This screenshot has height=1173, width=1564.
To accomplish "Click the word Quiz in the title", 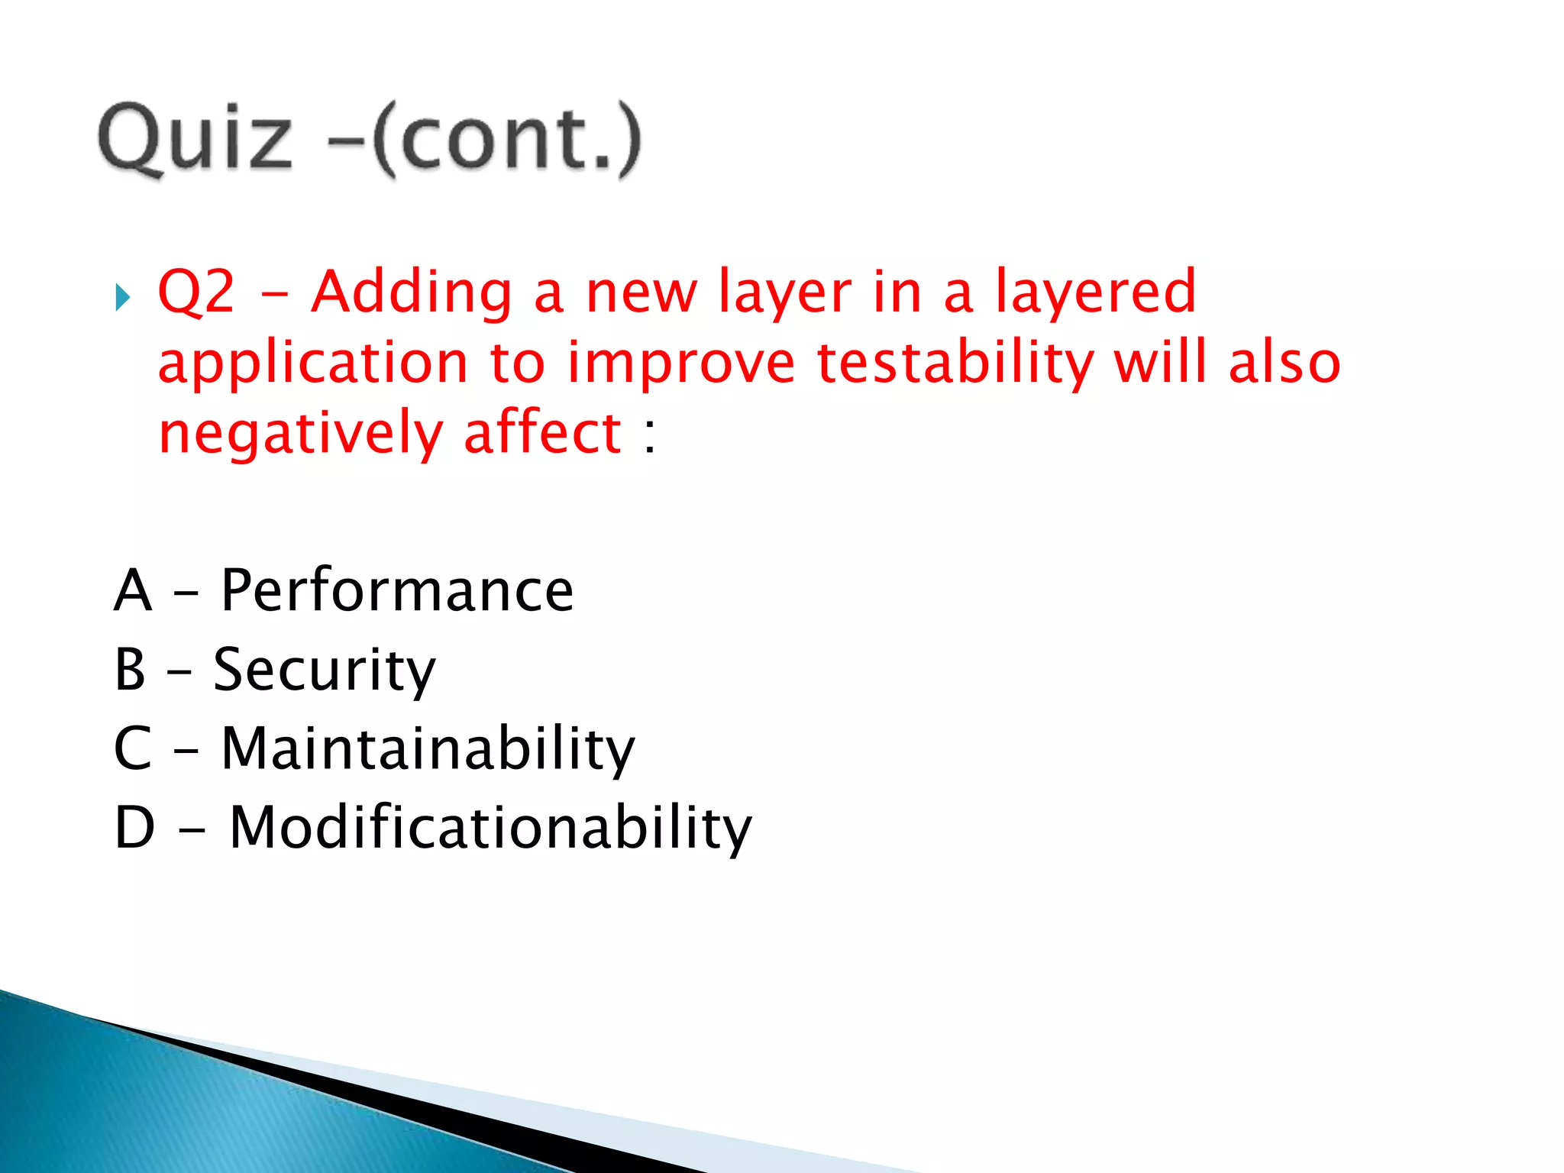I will (195, 139).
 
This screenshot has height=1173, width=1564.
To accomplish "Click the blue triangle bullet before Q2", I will (123, 297).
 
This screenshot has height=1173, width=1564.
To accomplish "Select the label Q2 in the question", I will (196, 292).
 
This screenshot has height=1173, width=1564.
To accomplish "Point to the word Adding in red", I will (412, 293).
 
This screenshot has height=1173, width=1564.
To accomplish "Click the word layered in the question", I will (1095, 293).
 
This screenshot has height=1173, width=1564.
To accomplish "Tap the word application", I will (312, 364).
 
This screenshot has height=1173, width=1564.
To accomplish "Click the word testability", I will (955, 364).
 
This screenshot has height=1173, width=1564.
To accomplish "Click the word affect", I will (543, 433).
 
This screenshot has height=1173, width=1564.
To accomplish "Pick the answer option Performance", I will (397, 590).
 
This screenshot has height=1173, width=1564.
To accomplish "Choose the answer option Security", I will (325, 671).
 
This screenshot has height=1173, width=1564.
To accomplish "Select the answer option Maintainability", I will (428, 749).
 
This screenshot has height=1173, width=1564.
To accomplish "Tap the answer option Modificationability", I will (490, 828).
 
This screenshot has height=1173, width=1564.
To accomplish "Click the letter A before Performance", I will (133, 590).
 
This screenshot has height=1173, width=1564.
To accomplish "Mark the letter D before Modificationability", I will (134, 828).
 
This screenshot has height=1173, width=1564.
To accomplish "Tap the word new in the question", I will (641, 293).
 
